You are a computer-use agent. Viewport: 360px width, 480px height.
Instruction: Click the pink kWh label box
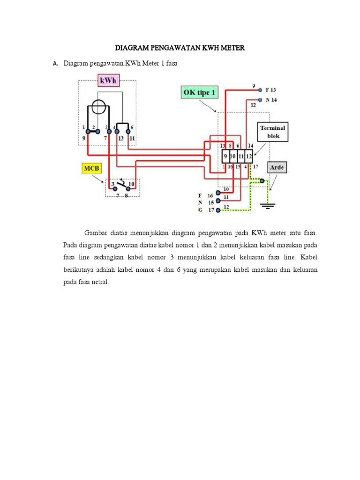[x=109, y=81]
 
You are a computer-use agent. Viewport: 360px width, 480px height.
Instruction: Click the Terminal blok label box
[x=273, y=132]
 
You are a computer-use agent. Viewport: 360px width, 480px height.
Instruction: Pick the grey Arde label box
[x=277, y=167]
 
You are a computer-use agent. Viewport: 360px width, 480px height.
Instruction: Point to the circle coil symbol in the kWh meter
[x=97, y=107]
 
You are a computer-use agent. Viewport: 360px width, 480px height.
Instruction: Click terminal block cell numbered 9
[x=225, y=156]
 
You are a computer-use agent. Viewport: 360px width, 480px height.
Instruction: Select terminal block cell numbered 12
[x=248, y=156]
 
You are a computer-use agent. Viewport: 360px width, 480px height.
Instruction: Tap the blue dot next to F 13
[x=260, y=90]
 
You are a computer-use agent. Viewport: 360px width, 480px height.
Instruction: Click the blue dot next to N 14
[x=260, y=100]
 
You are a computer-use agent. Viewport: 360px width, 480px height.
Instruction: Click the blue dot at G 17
[x=218, y=210]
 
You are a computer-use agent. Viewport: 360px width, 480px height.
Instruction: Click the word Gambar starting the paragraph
[x=95, y=232]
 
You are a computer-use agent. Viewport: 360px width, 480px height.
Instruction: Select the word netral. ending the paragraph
[x=100, y=283]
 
